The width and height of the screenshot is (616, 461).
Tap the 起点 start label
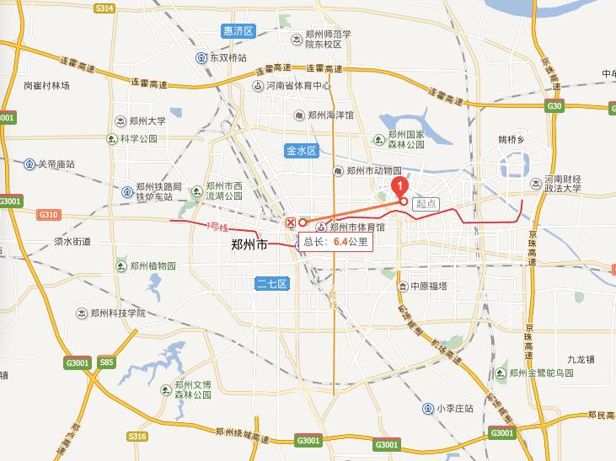coord(426,203)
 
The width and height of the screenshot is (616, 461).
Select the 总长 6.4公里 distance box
coord(335,241)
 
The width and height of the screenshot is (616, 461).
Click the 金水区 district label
coord(300,151)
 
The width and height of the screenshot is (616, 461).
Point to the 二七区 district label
coord(272,284)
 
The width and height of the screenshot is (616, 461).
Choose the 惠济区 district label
coord(238,30)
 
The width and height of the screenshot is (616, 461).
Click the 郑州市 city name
coord(249,245)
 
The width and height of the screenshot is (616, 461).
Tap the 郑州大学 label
coord(147,121)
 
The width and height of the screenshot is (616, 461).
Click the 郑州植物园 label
coord(153,265)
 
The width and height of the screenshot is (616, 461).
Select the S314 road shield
coord(104,8)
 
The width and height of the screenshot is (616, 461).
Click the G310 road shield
coord(48,215)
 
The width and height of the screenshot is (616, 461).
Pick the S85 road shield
coord(106,362)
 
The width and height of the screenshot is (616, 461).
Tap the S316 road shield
coord(137,436)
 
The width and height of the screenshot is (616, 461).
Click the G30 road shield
coord(554,105)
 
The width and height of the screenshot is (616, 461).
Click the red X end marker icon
coord(291,222)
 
